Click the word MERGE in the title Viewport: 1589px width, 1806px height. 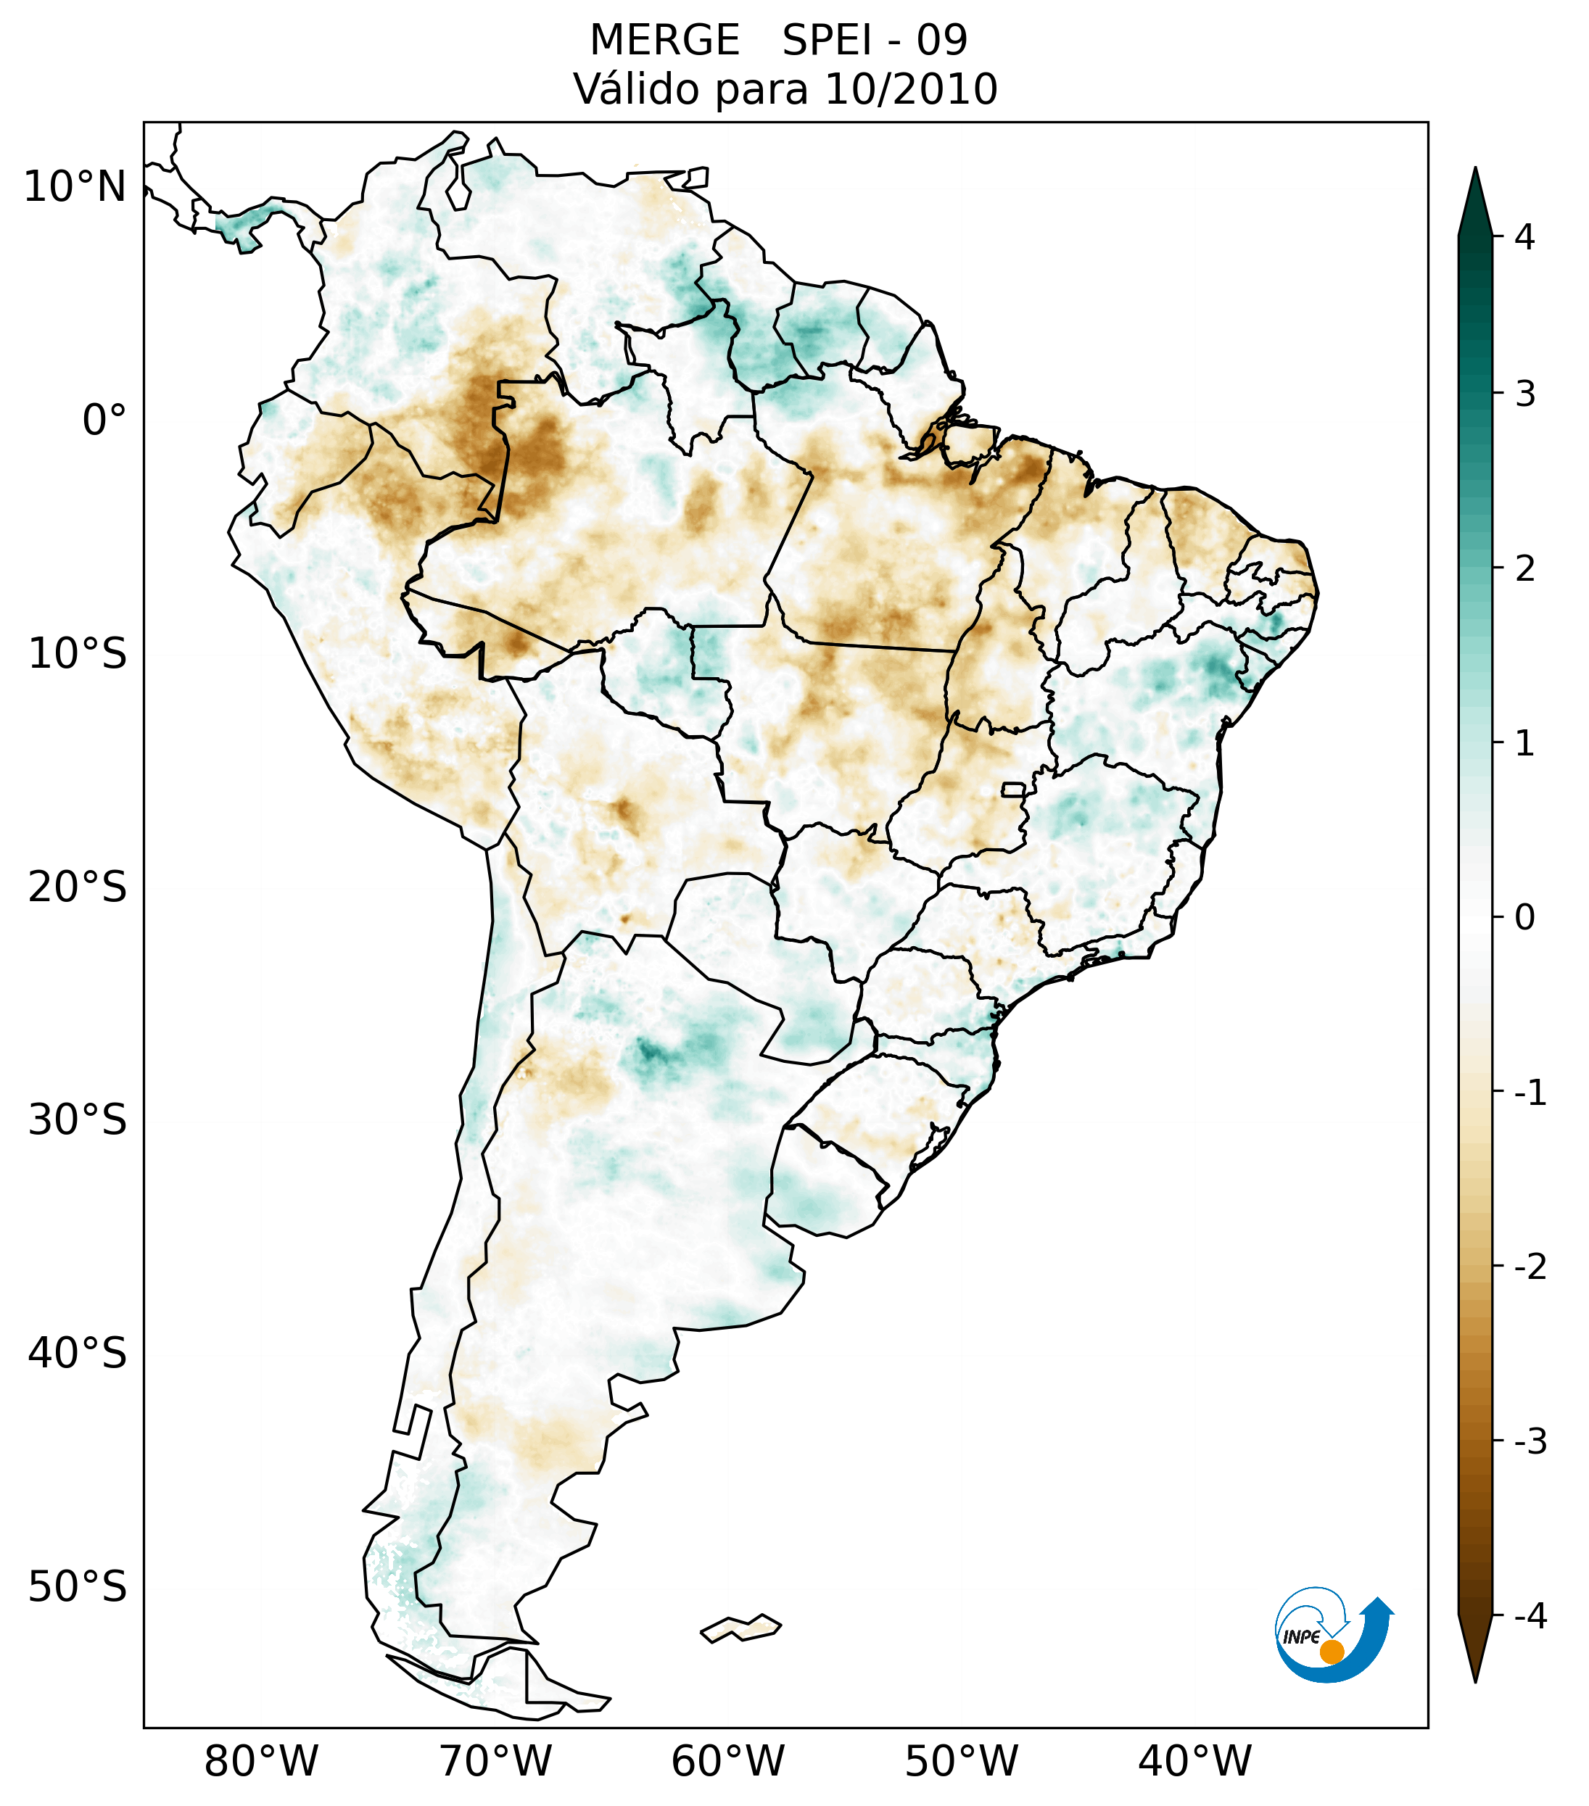[x=664, y=41]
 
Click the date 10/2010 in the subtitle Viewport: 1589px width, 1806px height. [x=910, y=89]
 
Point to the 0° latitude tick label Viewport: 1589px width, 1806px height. [x=104, y=421]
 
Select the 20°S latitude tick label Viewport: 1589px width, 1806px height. [x=78, y=887]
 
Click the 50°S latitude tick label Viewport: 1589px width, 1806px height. [x=78, y=1588]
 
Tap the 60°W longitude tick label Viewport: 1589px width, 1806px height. [x=727, y=1761]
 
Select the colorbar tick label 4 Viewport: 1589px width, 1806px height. [x=1524, y=237]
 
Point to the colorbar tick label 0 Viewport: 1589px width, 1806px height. [x=1524, y=918]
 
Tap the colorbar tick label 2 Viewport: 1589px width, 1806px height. [x=1524, y=569]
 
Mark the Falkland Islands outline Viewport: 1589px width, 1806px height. [x=740, y=1628]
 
